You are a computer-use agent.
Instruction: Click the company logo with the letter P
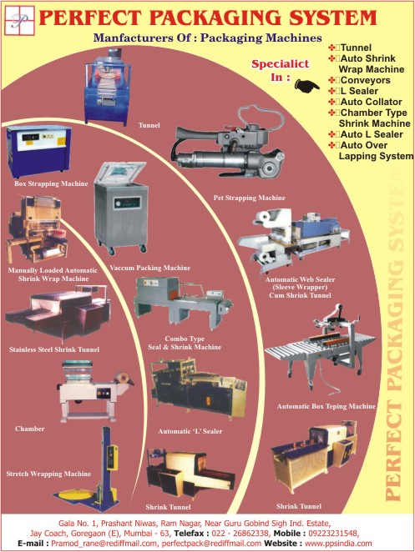(19, 20)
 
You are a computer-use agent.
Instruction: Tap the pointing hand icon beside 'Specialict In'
(306, 86)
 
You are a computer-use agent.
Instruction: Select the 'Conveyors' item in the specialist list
(365, 80)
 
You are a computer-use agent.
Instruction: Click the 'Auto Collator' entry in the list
(371, 102)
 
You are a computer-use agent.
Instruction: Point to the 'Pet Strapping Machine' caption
(250, 198)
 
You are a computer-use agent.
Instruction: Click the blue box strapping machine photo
(38, 151)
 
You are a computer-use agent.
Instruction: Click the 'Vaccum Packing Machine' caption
(149, 268)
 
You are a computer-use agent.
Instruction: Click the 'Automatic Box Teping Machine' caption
(326, 406)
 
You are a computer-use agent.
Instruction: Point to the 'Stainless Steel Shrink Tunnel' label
(54, 349)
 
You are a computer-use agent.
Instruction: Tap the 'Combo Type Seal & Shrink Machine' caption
(185, 343)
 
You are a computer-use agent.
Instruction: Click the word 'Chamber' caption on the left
(29, 429)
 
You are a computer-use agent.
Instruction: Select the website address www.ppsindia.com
(338, 544)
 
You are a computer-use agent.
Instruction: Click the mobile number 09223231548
(333, 534)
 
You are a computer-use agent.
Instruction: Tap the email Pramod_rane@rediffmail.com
(104, 544)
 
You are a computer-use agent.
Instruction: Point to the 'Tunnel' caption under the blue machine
(149, 125)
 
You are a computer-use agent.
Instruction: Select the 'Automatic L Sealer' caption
(190, 431)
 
